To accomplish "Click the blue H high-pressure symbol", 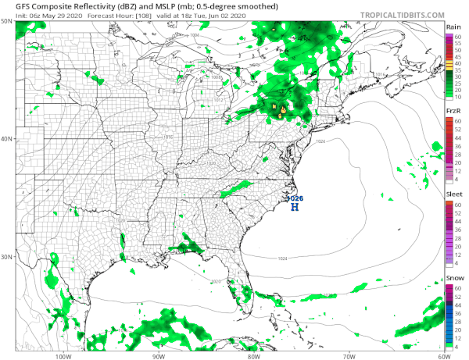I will [x=295, y=207].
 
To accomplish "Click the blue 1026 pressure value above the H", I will [x=295, y=198].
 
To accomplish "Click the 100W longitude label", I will [x=63, y=355].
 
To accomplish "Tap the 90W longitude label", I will [x=159, y=355].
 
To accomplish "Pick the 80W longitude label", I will [x=253, y=355].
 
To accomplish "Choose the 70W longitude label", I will [x=349, y=355].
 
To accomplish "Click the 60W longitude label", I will [x=442, y=355].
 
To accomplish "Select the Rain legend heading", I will [x=452, y=27].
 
